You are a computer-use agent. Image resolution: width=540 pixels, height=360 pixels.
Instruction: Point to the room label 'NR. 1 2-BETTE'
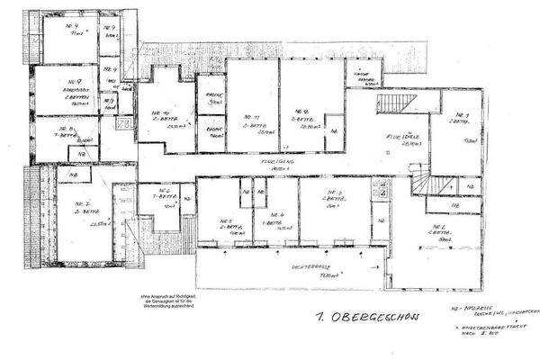(462, 120)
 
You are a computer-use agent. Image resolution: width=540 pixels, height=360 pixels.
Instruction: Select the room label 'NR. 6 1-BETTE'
(165, 196)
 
